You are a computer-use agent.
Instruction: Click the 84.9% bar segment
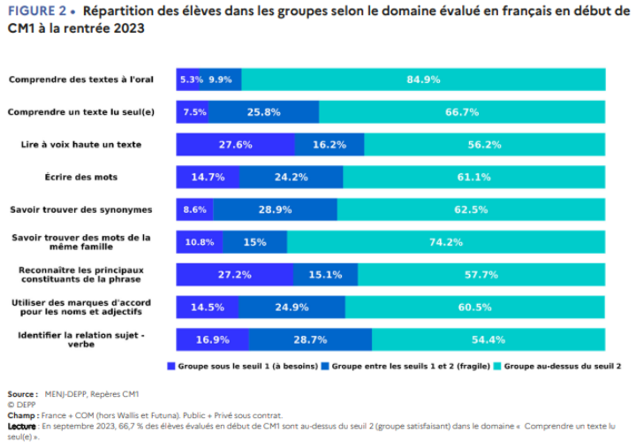click(423, 80)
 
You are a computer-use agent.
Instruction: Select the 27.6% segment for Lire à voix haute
click(236, 145)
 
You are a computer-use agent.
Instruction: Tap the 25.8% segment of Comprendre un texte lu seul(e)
click(264, 112)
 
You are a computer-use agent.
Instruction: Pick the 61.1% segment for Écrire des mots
click(473, 177)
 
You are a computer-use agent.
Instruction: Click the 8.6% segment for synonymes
click(194, 209)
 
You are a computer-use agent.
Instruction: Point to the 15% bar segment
click(255, 242)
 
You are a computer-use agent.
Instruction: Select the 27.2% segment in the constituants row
click(235, 275)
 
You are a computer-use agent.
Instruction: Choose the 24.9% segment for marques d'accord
click(291, 307)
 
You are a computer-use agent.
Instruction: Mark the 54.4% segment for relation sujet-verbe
click(488, 339)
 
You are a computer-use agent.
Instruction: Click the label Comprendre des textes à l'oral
click(81, 80)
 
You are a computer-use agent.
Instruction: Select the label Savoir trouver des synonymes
click(81, 209)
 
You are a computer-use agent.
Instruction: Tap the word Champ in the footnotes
click(21, 414)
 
